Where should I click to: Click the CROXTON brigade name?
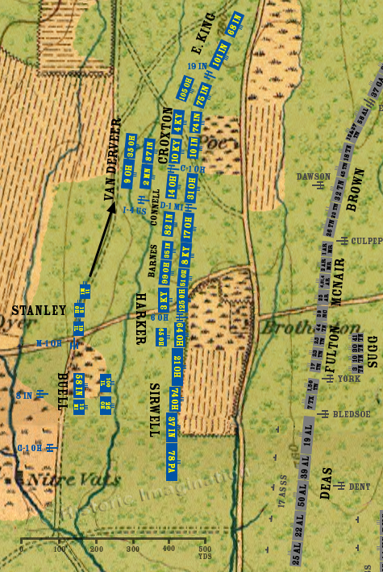pyautogui.click(x=168, y=137)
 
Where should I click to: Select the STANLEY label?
pyautogui.click(x=38, y=310)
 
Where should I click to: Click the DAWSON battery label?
pyautogui.click(x=314, y=176)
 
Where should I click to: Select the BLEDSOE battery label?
pyautogui.click(x=352, y=414)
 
